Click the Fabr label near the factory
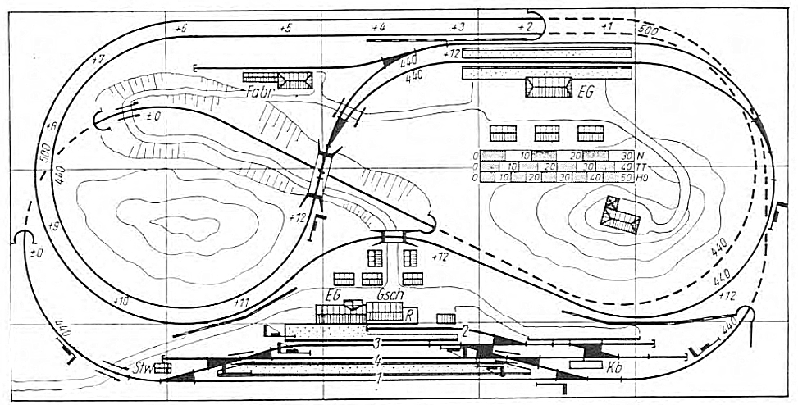(x=258, y=92)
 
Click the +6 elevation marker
(x=181, y=29)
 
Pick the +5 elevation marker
(x=285, y=29)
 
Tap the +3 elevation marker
(x=458, y=27)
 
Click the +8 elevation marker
(x=52, y=128)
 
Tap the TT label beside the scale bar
(x=641, y=166)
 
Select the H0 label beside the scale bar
(x=641, y=176)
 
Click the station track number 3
(x=376, y=342)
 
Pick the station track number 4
(x=376, y=360)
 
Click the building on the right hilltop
(x=620, y=216)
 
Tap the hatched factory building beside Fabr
(x=295, y=80)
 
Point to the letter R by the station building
(x=408, y=314)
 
